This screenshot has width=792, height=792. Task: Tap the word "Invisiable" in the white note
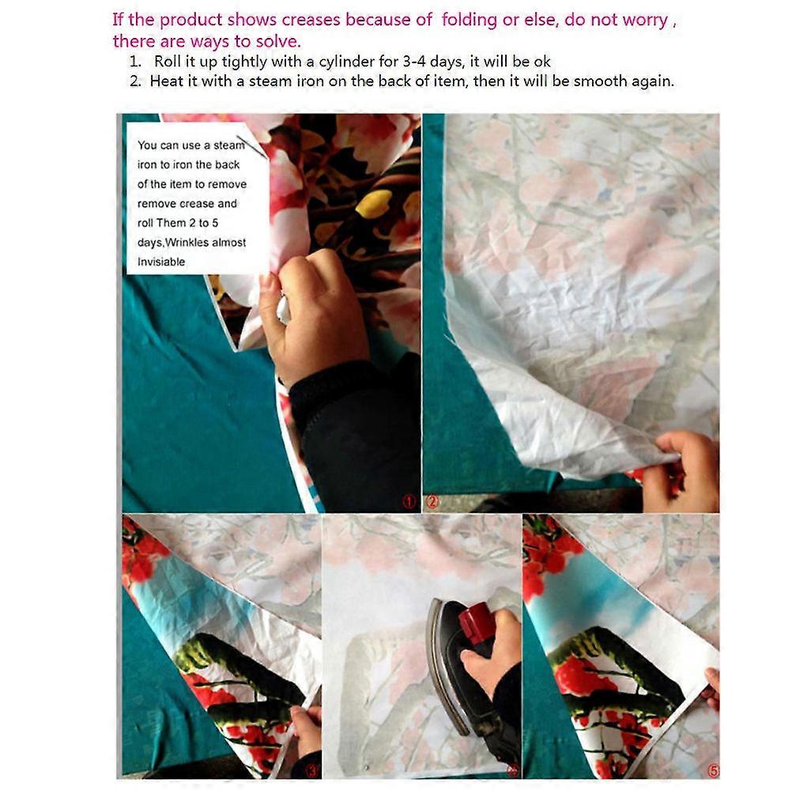pyautogui.click(x=161, y=262)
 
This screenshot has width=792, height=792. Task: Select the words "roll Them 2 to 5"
pyautogui.click(x=178, y=223)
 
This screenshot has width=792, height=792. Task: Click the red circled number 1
pyautogui.click(x=409, y=502)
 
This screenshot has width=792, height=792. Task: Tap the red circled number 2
pyautogui.click(x=432, y=502)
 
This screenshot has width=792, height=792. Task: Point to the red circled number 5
pyautogui.click(x=713, y=771)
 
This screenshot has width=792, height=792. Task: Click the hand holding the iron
pyautogui.click(x=491, y=651)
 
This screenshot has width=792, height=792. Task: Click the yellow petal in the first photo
pyautogui.click(x=375, y=206)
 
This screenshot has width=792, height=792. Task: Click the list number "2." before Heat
pyautogui.click(x=135, y=81)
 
